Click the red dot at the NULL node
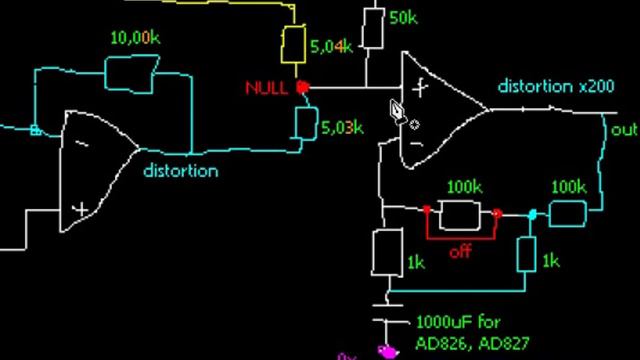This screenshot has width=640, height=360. pos(303,88)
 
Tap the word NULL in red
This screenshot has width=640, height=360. pos(266,88)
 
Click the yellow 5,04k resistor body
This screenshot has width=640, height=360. pos(294,45)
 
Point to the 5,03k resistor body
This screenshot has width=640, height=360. pos(304,124)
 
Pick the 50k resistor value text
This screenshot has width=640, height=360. pos(403,18)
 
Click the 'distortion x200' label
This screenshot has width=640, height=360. pos(556,87)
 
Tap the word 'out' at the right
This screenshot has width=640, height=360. pos(624,130)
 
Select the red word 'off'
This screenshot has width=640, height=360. pos(460,252)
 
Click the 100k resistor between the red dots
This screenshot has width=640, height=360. pos(463,213)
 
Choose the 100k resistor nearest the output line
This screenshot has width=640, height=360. pos(567,212)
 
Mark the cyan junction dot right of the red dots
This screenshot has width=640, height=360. pos(532,214)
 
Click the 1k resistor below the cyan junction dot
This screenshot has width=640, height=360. pos(525,256)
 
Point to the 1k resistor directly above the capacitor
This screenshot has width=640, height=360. pos(386,253)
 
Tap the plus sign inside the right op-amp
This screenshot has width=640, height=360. pos(420,87)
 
